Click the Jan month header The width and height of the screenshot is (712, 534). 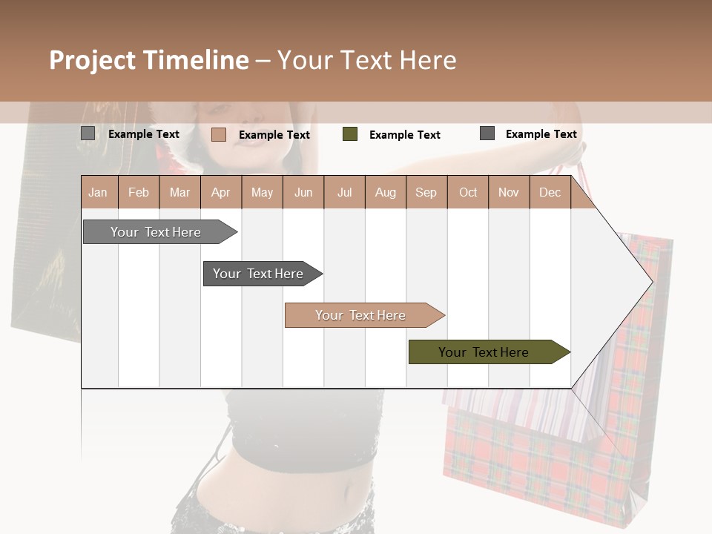(98, 192)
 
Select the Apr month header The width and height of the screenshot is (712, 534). (220, 192)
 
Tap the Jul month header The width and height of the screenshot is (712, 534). (344, 192)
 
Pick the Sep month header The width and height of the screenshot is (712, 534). (426, 192)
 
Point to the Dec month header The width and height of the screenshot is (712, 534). (550, 192)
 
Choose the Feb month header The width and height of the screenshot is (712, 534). (139, 192)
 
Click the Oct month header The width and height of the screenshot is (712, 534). (468, 192)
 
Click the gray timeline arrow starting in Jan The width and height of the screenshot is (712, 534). (156, 232)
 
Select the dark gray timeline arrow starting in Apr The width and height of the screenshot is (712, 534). (258, 274)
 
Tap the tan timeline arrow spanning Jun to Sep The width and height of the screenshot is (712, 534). (360, 315)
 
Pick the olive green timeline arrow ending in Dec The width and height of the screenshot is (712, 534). (484, 352)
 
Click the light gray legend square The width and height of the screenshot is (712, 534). (88, 133)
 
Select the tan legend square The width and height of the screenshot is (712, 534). (218, 134)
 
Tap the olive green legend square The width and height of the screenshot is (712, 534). (350, 134)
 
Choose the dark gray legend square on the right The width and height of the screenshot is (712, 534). (487, 133)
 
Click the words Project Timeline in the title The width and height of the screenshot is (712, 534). (148, 60)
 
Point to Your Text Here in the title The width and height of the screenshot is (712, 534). (366, 60)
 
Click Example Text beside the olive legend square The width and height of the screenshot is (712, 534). (404, 135)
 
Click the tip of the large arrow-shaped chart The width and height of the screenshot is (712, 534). (651, 282)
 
